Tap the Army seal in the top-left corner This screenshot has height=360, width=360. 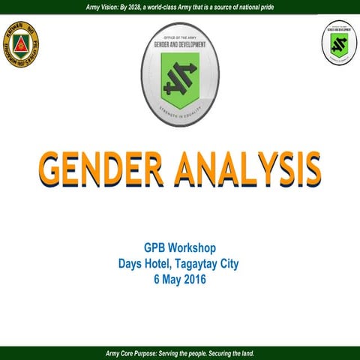pyautogui.click(x=21, y=44)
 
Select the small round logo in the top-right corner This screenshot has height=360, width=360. pyautogui.click(x=339, y=44)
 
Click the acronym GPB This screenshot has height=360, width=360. pyautogui.click(x=155, y=247)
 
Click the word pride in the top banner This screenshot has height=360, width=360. pyautogui.click(x=280, y=7)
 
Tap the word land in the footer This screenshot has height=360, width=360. pyautogui.click(x=245, y=352)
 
